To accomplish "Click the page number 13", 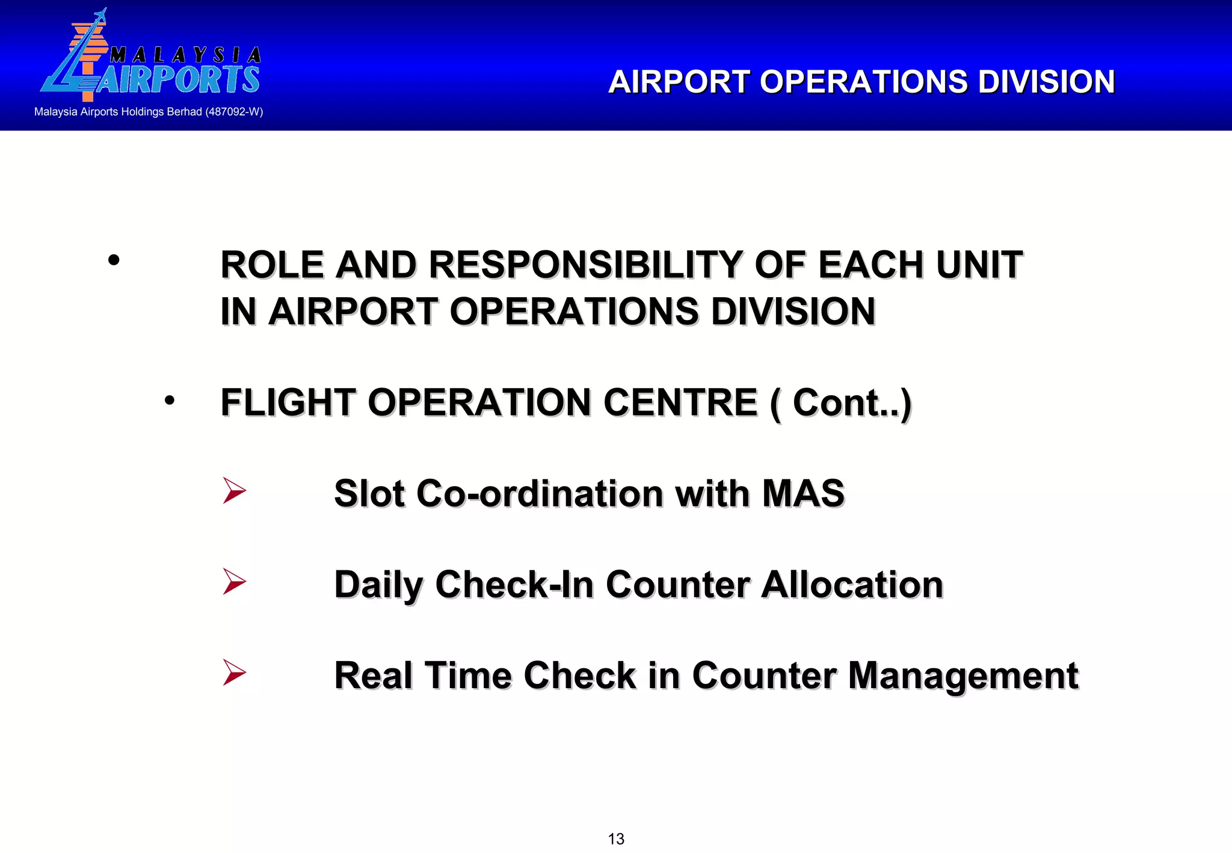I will point(616,839).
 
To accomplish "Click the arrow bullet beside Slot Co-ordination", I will point(234,490).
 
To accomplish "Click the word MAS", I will point(803,494).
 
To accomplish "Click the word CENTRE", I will point(680,402).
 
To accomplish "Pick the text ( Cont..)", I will point(841,403).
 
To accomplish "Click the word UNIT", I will point(979,265).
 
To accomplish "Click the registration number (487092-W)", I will point(234,112).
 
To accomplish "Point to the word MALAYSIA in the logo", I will point(185,55).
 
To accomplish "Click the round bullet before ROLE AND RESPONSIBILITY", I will point(114,260).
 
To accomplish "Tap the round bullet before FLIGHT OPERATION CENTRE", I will point(170,400).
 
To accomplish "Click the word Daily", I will point(378,585).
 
